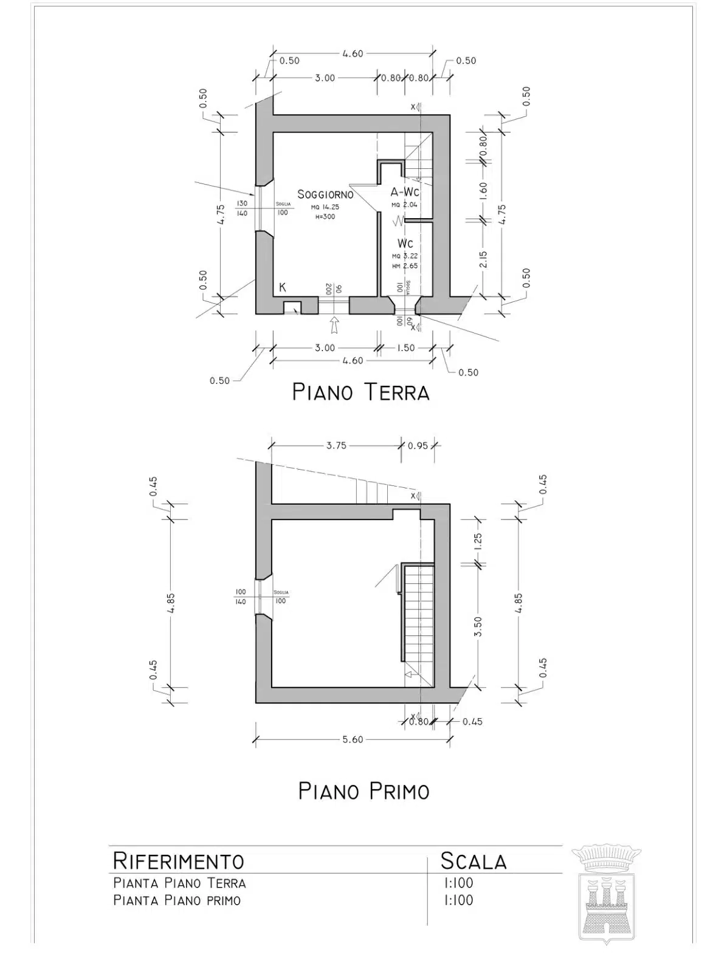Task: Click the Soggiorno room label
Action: pyautogui.click(x=325, y=194)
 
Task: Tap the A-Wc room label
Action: pyautogui.click(x=405, y=192)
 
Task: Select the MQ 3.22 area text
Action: pyautogui.click(x=405, y=256)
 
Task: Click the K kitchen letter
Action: pyautogui.click(x=283, y=287)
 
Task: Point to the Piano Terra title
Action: pyautogui.click(x=361, y=392)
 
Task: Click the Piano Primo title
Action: pyautogui.click(x=364, y=791)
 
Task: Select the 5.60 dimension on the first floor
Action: pyautogui.click(x=353, y=739)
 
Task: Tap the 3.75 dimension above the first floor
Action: pyautogui.click(x=336, y=445)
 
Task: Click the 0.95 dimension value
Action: pyautogui.click(x=418, y=445)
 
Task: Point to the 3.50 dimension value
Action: pyautogui.click(x=478, y=626)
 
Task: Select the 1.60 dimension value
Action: pyautogui.click(x=483, y=191)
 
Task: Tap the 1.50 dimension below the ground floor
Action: pyautogui.click(x=405, y=348)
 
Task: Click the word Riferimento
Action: pyautogui.click(x=179, y=861)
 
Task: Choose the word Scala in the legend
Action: pyautogui.click(x=474, y=861)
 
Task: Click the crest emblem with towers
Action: pyautogui.click(x=606, y=893)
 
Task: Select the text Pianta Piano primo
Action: pyautogui.click(x=177, y=900)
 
